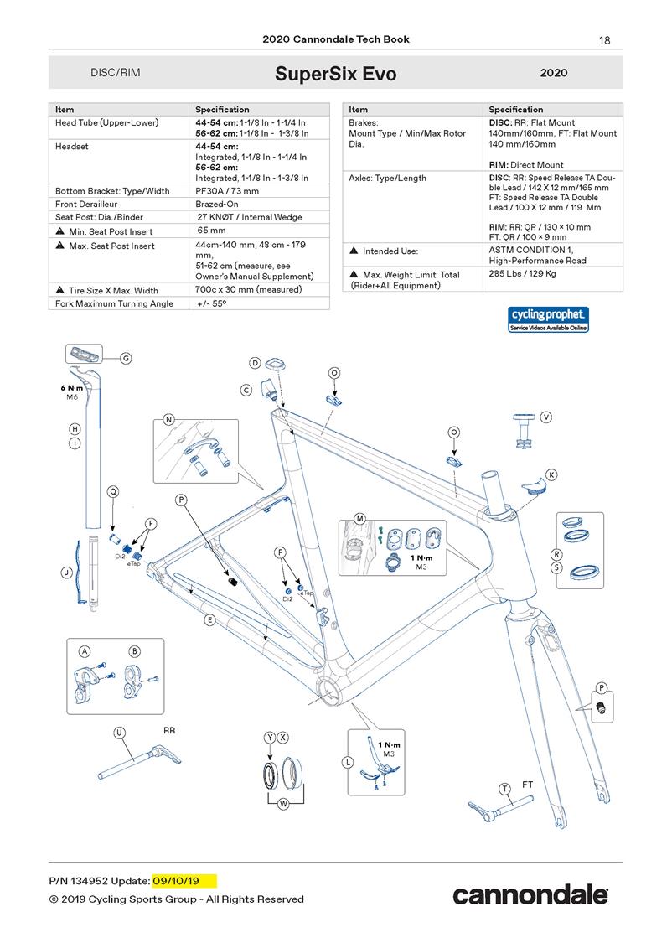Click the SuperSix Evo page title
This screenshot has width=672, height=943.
[x=335, y=74]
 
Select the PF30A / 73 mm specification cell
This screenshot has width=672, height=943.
[x=227, y=191]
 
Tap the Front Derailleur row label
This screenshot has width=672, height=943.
[x=85, y=204]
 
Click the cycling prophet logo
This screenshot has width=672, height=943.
[x=549, y=319]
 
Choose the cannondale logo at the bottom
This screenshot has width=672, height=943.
[x=530, y=894]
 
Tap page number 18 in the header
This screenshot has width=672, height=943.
[x=605, y=39]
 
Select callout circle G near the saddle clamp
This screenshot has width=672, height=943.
[x=126, y=359]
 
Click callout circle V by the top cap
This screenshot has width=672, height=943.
[x=546, y=417]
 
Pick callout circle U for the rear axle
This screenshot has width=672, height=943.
[x=120, y=733]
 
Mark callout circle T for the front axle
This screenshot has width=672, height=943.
[x=504, y=789]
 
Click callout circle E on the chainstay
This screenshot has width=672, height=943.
[x=209, y=620]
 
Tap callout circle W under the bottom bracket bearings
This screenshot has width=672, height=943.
[x=283, y=804]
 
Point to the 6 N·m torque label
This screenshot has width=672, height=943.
[x=71, y=388]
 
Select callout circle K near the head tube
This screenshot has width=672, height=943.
[x=551, y=474]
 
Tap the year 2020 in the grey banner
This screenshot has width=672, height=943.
[x=554, y=73]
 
